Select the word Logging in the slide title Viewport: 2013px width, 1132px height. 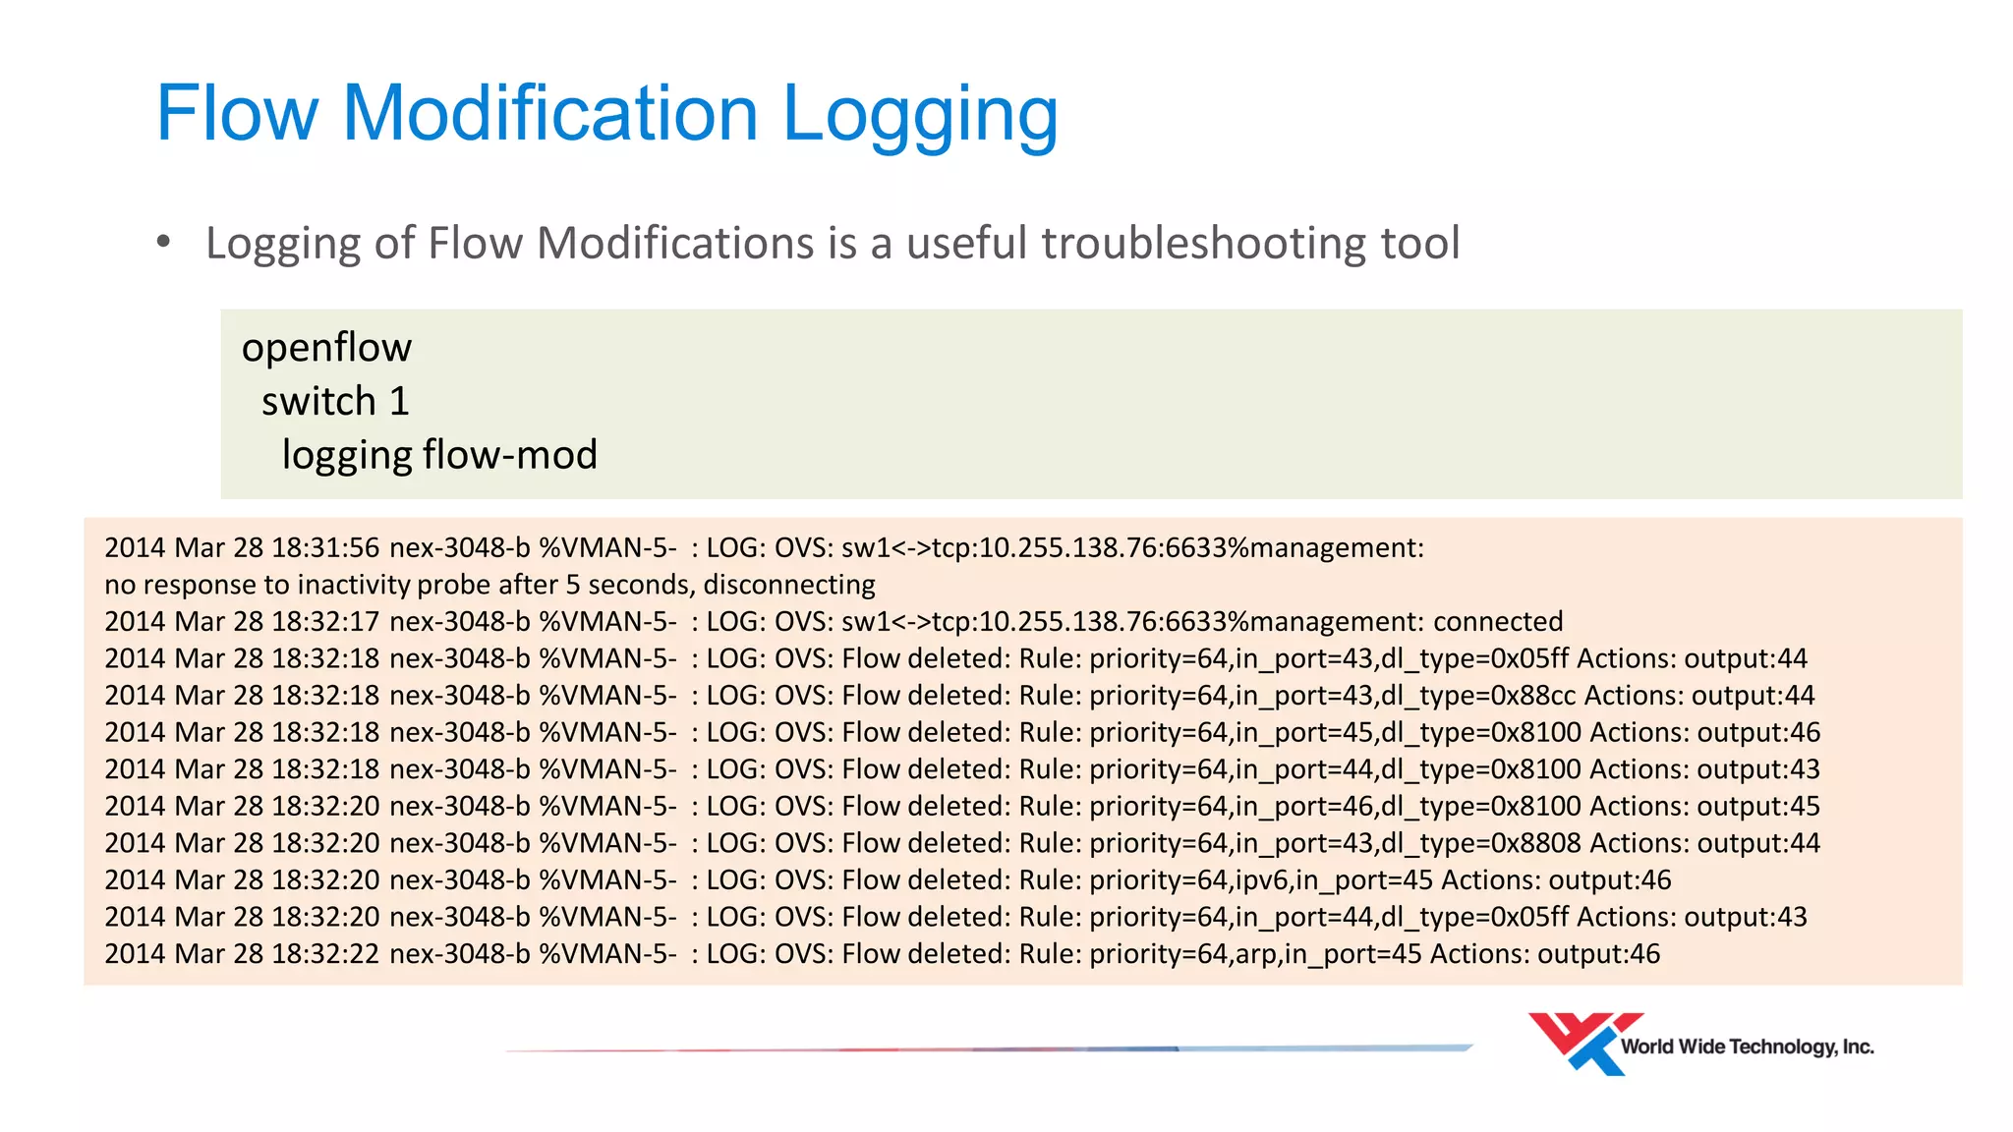coord(919,116)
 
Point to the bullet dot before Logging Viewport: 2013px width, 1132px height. coord(163,241)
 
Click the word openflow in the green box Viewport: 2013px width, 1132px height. coord(326,348)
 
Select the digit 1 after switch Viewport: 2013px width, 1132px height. coord(398,402)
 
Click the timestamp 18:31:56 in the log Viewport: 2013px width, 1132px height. coord(325,547)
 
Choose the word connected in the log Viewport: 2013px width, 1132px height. coord(1497,622)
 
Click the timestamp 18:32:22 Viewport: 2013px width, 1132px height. coord(325,954)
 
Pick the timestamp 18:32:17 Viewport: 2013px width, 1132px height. coord(325,622)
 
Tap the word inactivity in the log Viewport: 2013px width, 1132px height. coord(354,585)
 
